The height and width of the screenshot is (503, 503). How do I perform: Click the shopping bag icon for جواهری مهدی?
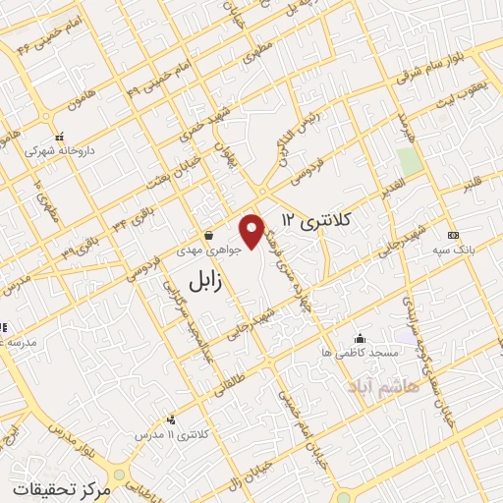209,236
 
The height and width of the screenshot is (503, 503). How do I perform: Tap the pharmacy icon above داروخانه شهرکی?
59,137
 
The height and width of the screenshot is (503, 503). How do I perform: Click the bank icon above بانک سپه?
452,236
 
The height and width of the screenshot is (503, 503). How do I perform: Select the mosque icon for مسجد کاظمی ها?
361,337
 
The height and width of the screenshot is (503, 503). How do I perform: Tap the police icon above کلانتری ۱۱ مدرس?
172,419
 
